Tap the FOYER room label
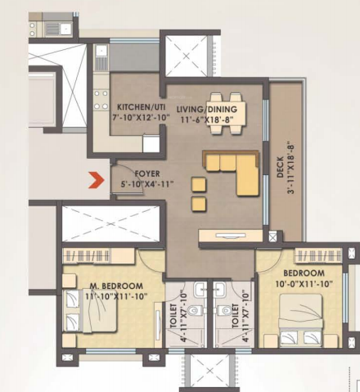(146, 173)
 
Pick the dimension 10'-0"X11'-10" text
(304, 283)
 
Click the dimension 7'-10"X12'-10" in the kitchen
(138, 118)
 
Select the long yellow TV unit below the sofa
(227, 236)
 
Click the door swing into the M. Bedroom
(152, 262)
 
